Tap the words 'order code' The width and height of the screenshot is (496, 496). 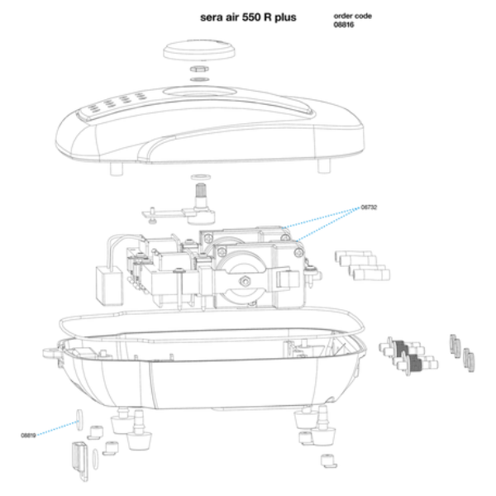[x=348, y=17]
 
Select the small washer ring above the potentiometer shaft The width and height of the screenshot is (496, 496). [x=198, y=177]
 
